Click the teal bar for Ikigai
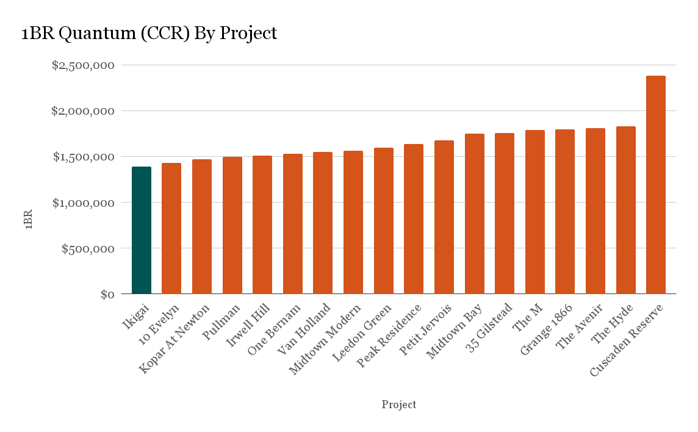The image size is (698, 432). click(142, 230)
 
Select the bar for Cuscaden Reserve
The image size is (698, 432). click(656, 185)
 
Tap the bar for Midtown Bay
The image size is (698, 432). click(474, 214)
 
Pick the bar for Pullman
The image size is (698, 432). click(232, 225)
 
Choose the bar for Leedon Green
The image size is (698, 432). click(384, 221)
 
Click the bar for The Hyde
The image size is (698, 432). click(625, 210)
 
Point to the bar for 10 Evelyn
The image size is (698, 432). click(171, 228)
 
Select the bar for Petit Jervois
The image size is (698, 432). click(444, 217)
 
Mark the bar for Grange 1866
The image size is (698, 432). click(565, 212)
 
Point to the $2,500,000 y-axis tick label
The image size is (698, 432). click(83, 65)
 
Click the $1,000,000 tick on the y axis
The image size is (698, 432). click(83, 203)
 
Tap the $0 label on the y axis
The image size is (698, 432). click(107, 294)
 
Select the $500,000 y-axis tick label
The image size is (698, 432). click(88, 248)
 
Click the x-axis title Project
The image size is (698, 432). click(399, 405)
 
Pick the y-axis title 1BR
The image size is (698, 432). click(28, 220)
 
